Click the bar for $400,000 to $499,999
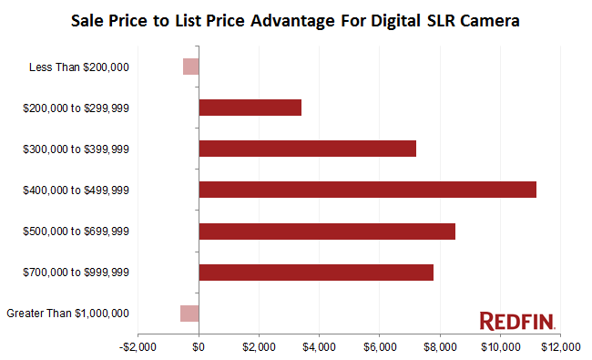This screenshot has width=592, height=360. [367, 190]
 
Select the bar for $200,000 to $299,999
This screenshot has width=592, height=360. [250, 108]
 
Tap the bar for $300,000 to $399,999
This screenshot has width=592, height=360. [307, 149]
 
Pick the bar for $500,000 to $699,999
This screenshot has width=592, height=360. [326, 231]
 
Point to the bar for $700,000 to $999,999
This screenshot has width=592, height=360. [315, 273]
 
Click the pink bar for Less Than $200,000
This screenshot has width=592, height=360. [190, 67]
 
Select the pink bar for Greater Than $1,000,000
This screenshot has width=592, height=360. [189, 314]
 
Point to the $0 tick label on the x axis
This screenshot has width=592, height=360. [199, 347]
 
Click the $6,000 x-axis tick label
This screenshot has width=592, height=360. [380, 347]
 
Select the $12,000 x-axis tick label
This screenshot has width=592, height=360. [560, 347]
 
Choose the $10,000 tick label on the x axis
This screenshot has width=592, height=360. [500, 347]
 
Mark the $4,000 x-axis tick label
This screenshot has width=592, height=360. [320, 347]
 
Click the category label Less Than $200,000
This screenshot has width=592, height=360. [79, 67]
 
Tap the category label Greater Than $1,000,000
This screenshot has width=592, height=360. [67, 314]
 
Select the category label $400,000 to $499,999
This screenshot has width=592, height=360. [76, 190]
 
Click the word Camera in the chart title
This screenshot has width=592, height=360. [489, 20]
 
